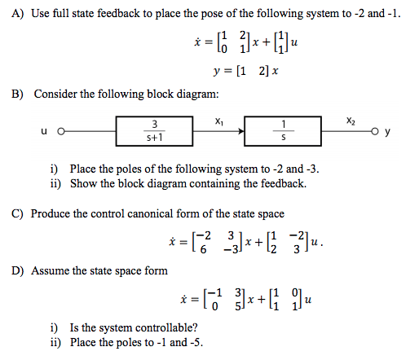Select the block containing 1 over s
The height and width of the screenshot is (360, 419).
coord(282,130)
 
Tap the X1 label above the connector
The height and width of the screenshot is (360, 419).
coord(218,119)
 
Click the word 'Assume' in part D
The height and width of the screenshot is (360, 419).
coord(51,270)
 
